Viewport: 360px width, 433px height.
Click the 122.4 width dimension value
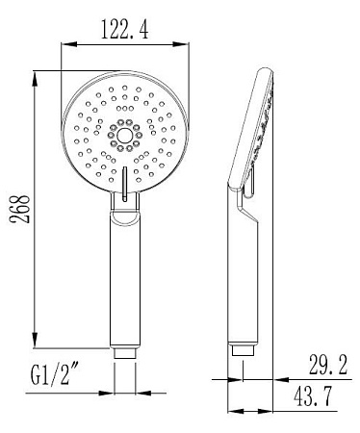tap(125, 30)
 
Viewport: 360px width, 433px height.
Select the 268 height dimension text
tap(20, 209)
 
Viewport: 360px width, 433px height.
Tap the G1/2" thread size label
tap(55, 372)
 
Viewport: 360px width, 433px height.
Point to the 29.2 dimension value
tap(328, 366)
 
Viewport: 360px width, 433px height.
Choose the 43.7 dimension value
tap(312, 396)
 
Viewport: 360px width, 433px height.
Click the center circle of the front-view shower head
tap(124, 136)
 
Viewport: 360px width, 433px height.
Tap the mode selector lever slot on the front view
tap(124, 184)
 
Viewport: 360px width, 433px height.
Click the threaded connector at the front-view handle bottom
tap(125, 353)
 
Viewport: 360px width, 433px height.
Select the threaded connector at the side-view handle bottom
tap(244, 349)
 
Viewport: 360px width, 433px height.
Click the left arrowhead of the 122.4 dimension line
tap(68, 44)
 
